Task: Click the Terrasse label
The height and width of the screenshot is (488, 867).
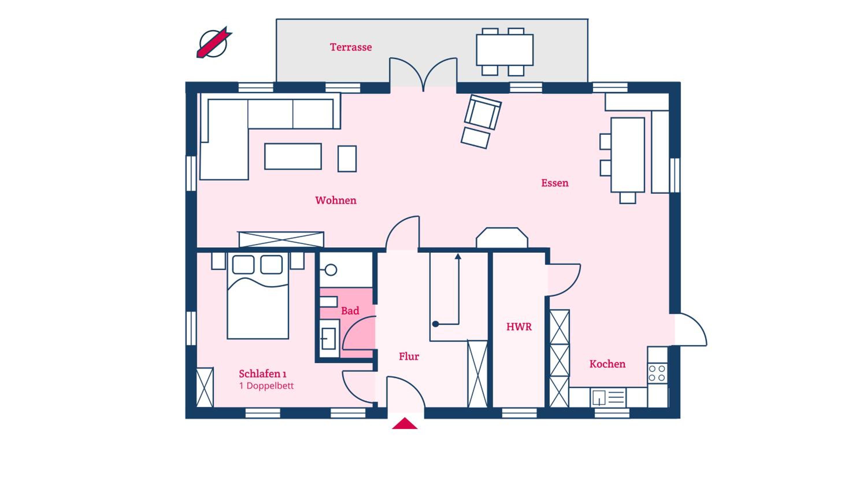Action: tap(351, 47)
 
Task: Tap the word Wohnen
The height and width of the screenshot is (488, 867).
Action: tap(336, 200)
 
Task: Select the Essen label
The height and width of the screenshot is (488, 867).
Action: tap(555, 183)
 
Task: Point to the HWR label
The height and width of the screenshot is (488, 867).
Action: tap(519, 327)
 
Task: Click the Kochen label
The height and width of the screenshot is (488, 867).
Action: tap(607, 364)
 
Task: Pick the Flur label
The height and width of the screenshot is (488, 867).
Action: tap(409, 356)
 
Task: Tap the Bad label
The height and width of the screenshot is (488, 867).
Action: tap(350, 310)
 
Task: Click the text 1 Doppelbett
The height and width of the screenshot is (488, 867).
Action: tap(266, 386)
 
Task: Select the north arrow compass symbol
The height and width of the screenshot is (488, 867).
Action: tap(214, 43)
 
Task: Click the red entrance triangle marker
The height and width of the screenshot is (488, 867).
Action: tap(405, 423)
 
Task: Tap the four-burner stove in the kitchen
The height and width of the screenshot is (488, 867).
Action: tap(657, 373)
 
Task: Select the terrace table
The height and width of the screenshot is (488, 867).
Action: tap(505, 50)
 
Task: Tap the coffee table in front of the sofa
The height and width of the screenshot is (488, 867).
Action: tap(293, 156)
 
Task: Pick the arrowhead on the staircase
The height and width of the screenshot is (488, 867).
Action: tap(458, 256)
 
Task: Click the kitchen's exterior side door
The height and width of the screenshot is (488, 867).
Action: tap(690, 330)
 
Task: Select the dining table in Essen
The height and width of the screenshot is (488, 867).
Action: tap(628, 155)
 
